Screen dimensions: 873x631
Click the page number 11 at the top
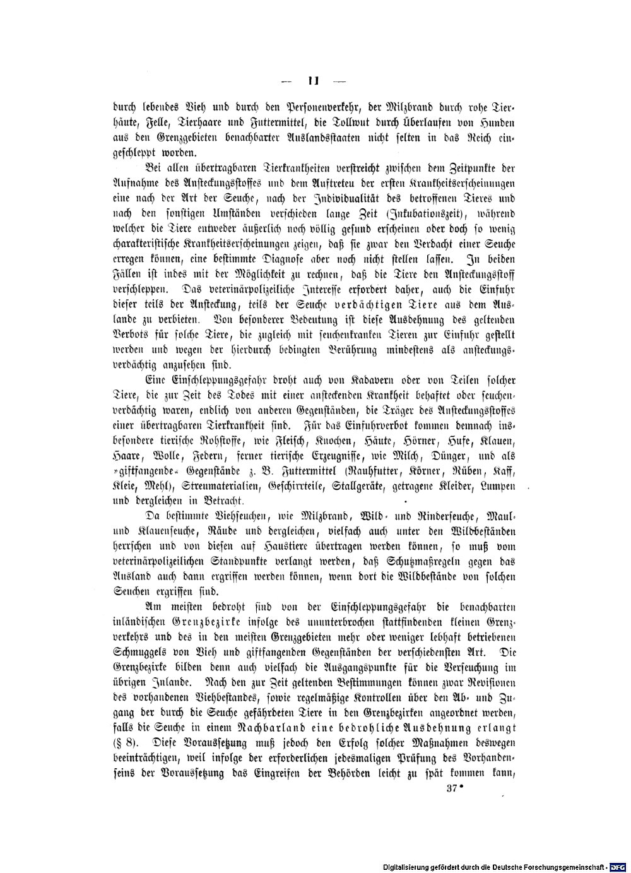(x=314, y=81)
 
